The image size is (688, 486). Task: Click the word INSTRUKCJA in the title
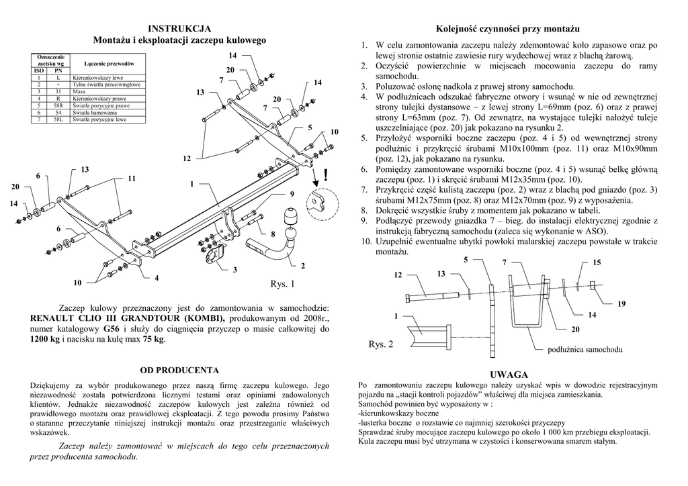tap(179, 28)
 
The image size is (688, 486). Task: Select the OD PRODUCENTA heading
tap(179, 370)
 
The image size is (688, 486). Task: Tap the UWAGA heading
tap(509, 374)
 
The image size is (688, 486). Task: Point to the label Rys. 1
tap(282, 285)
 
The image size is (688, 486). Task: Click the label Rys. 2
tap(381, 344)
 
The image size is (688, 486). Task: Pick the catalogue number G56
tap(111, 329)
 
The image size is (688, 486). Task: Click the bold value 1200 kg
tap(45, 340)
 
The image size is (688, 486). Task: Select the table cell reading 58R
tap(58, 106)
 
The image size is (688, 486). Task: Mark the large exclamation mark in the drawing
tap(326, 176)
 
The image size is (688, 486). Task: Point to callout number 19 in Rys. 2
tap(621, 304)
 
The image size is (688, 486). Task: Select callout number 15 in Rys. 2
tap(597, 262)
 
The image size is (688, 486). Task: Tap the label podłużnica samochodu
tap(585, 350)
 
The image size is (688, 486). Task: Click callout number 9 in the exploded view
tap(292, 194)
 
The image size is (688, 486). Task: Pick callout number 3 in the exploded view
tap(235, 270)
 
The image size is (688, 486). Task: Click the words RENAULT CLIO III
tap(72, 318)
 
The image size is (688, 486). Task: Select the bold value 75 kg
tap(153, 340)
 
